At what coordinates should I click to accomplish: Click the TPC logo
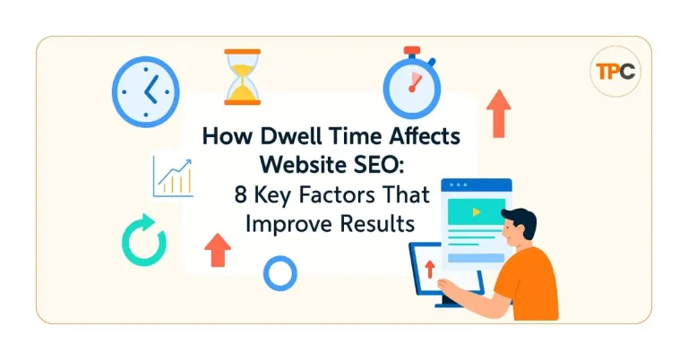coord(616,72)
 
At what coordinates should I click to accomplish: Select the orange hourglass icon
coord(241,77)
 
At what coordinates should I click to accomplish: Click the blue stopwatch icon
coord(411,88)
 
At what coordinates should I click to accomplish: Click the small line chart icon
coord(173,176)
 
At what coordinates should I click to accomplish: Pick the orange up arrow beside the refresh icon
coord(217,250)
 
